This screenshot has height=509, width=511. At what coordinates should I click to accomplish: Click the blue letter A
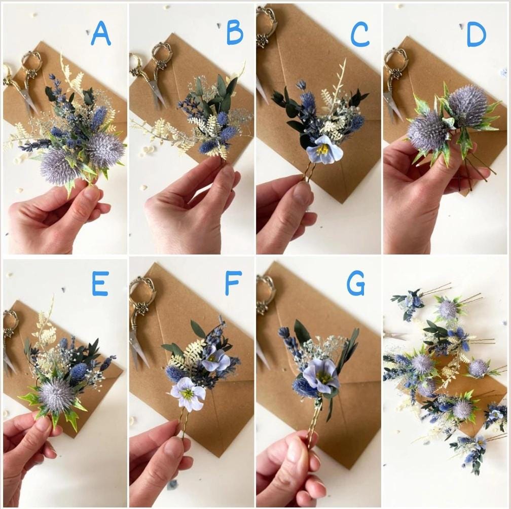[101, 34]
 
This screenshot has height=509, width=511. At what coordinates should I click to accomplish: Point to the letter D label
[476, 35]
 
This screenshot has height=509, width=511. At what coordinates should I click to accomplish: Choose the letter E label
[100, 284]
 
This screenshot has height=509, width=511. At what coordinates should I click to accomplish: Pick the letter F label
[233, 283]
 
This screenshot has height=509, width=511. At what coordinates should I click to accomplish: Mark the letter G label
[356, 284]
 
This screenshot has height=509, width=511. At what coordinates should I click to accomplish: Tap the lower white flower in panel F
[188, 394]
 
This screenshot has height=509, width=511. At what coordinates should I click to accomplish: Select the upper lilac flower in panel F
[215, 359]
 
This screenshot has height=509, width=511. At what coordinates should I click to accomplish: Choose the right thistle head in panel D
[467, 105]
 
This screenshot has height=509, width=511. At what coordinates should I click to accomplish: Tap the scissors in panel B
[151, 76]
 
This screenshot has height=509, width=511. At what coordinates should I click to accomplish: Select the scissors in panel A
[23, 81]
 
